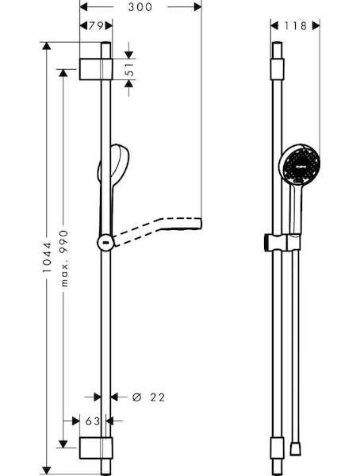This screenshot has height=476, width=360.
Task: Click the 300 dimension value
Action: click(x=140, y=7)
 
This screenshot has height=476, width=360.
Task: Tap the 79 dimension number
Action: click(x=96, y=26)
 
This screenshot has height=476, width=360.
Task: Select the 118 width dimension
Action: click(x=295, y=26)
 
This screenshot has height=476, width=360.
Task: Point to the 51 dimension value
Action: click(x=129, y=69)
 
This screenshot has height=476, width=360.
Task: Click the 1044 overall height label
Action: click(x=47, y=257)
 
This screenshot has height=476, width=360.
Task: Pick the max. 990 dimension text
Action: click(x=63, y=259)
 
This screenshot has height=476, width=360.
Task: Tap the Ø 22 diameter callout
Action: click(x=149, y=397)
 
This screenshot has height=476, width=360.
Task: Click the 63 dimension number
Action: click(x=92, y=421)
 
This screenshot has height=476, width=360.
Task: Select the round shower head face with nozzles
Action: click(x=300, y=165)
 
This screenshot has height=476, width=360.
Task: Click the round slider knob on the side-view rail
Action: click(x=105, y=243)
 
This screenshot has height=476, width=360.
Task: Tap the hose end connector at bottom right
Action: click(x=295, y=449)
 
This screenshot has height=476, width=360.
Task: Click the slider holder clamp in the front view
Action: click(x=282, y=243)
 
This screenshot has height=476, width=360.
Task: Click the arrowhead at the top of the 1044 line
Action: click(x=47, y=46)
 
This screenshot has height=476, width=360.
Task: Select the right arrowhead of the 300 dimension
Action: click(x=197, y=7)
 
